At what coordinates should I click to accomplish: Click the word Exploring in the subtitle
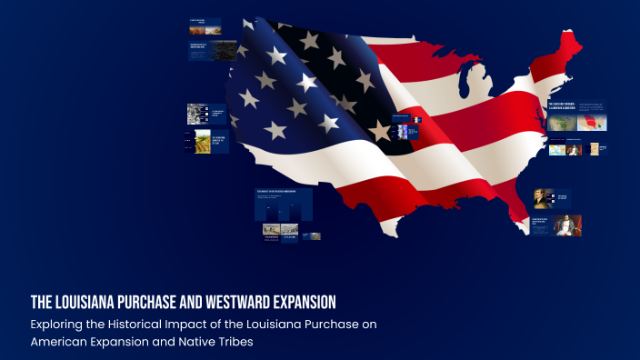tap(61, 324)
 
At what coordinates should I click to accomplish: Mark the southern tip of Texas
tap(392, 232)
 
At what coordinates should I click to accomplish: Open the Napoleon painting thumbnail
tap(567, 225)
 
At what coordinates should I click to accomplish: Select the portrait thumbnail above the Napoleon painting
tap(544, 198)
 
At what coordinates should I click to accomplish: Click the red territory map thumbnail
tap(593, 122)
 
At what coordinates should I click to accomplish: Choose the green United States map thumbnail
tap(564, 122)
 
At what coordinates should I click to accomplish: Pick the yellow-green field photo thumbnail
tap(203, 141)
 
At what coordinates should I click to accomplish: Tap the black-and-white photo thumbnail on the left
tap(196, 114)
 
